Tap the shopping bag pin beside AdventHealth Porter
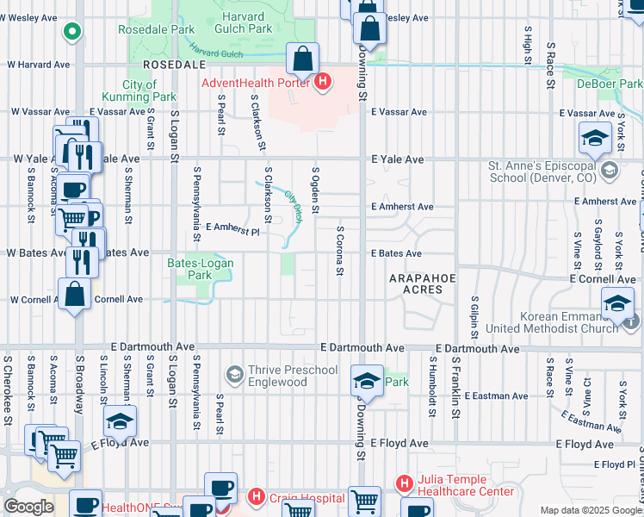coord(303,60)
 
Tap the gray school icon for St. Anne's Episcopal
coord(610,171)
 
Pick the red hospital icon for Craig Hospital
coord(256,497)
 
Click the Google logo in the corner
coord(28,507)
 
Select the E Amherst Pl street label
coord(232,230)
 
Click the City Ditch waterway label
coord(294,207)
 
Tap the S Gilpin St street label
coord(474,317)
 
